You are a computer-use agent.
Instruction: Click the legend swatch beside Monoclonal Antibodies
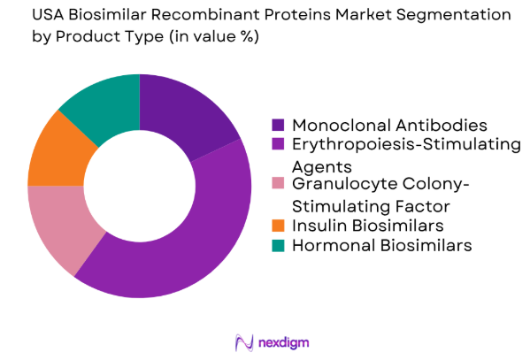[278, 124]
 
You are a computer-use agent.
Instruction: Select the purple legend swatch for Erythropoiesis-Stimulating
[278, 144]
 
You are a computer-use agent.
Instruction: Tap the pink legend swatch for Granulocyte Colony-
[278, 185]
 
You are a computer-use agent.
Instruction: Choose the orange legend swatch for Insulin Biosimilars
[278, 226]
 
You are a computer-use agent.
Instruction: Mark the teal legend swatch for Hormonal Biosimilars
[278, 246]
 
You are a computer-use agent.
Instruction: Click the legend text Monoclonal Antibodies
[389, 124]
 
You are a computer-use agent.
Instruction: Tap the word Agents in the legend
[323, 165]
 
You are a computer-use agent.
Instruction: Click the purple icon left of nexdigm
[242, 341]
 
